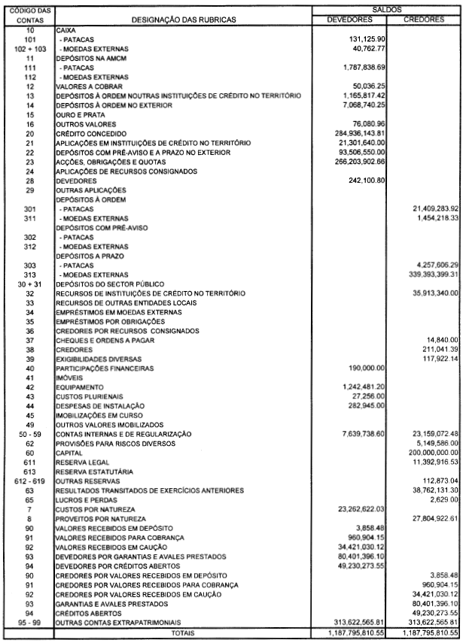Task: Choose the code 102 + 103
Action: coord(31,48)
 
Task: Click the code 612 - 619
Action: coord(31,481)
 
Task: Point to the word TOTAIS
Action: coord(184,633)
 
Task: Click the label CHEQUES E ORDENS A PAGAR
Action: coord(101,340)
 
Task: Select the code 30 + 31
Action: coord(31,284)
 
